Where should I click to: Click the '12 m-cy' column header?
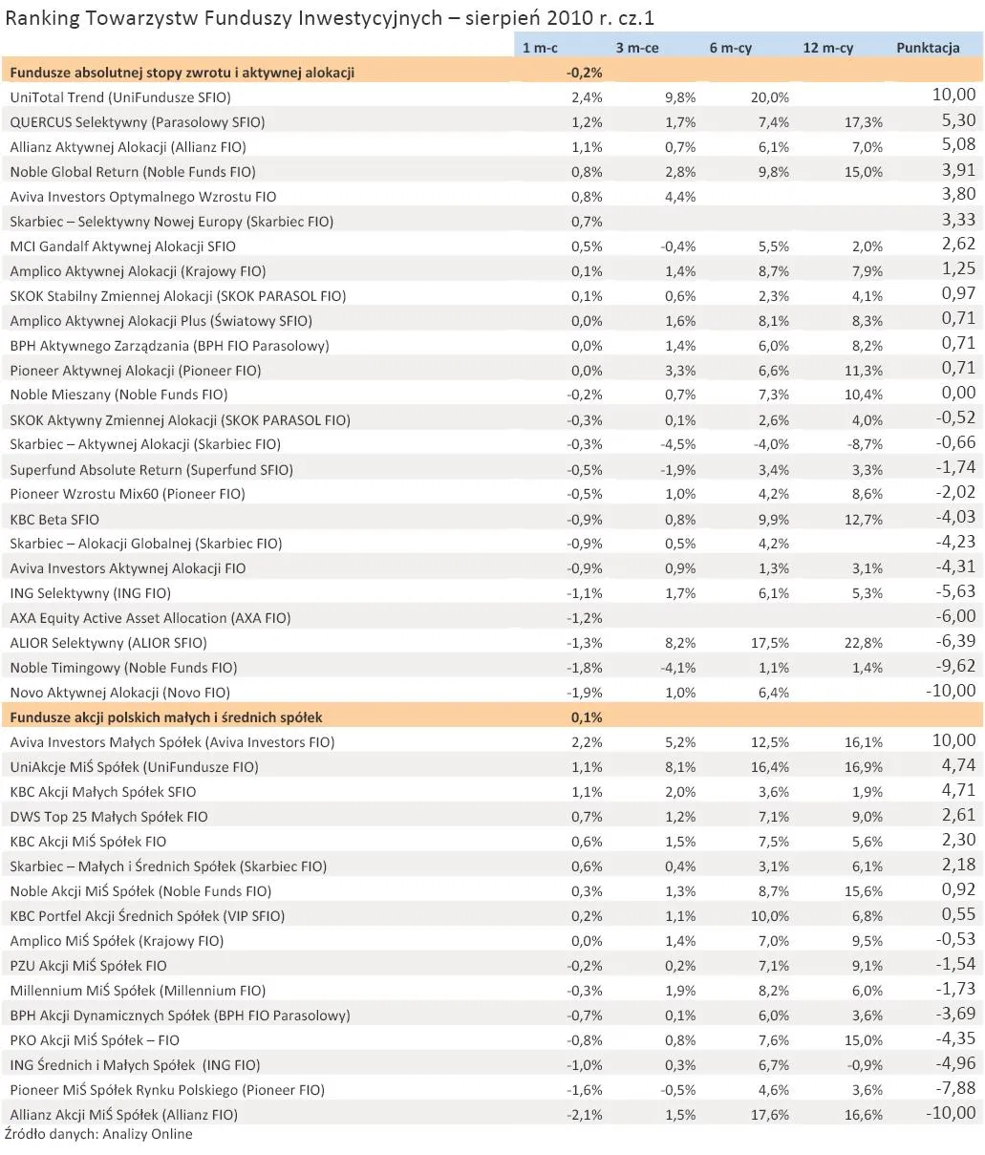[827, 48]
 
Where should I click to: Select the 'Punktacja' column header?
[927, 48]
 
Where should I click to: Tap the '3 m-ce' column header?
[637, 48]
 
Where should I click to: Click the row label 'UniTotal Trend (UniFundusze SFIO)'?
[120, 97]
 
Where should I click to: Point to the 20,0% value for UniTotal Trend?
[770, 97]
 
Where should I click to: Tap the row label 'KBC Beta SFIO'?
[54, 520]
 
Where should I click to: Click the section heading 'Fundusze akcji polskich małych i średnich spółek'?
[166, 717]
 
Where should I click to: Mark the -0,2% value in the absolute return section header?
[584, 73]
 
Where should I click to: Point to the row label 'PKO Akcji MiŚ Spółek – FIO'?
[95, 1040]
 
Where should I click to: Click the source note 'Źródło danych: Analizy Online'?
[98, 1135]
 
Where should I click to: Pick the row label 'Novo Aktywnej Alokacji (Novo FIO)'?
[120, 693]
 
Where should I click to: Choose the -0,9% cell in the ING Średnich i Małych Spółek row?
[867, 1065]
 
